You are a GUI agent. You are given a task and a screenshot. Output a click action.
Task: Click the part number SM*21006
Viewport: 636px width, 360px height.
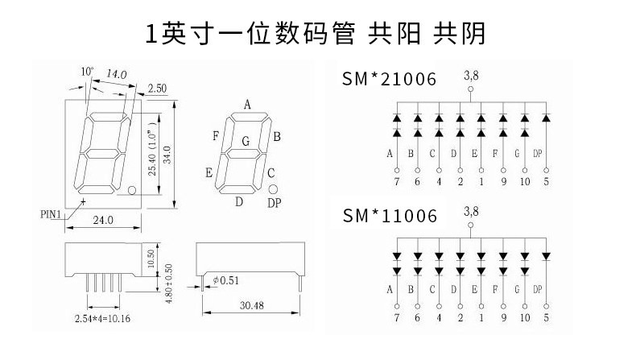click(x=389, y=79)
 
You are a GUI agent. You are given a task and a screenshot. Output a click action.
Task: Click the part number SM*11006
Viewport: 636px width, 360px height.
click(x=390, y=216)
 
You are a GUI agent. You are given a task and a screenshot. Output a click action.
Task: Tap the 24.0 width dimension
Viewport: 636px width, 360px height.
click(x=103, y=220)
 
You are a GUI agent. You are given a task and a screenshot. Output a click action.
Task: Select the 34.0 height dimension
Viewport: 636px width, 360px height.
click(x=167, y=155)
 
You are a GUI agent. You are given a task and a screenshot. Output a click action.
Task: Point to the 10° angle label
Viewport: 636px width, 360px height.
click(x=87, y=72)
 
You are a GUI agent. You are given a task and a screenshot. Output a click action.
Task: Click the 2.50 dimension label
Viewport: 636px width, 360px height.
click(x=157, y=88)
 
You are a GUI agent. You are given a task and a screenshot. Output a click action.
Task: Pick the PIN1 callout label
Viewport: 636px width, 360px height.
click(x=50, y=214)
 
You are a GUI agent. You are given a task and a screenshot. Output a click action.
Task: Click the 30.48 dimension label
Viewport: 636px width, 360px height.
click(x=251, y=305)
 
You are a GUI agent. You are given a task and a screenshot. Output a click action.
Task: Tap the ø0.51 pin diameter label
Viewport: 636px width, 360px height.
click(x=226, y=280)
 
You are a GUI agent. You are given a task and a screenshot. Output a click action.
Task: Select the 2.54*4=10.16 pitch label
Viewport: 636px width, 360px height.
click(x=102, y=319)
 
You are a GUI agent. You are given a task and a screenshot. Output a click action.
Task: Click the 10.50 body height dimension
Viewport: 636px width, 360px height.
click(x=151, y=259)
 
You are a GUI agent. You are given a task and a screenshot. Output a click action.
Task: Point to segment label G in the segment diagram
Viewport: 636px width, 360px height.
click(x=246, y=141)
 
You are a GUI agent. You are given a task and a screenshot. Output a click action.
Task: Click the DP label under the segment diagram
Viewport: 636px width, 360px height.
click(x=275, y=203)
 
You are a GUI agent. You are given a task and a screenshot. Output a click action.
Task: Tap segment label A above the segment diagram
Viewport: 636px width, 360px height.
click(x=247, y=106)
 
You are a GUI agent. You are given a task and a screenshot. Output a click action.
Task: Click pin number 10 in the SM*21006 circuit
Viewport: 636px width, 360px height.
click(x=525, y=181)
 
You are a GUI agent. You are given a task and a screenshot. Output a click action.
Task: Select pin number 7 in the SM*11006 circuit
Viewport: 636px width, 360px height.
click(x=397, y=317)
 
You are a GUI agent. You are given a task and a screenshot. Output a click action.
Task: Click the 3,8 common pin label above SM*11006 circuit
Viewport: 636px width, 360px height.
click(x=471, y=211)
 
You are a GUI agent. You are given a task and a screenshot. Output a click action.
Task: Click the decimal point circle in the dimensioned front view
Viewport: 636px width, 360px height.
click(x=132, y=190)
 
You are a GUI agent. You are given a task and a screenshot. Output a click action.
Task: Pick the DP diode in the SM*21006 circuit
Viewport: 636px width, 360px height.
click(x=546, y=118)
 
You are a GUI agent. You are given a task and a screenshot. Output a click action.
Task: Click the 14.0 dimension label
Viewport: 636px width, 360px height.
click(x=117, y=74)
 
